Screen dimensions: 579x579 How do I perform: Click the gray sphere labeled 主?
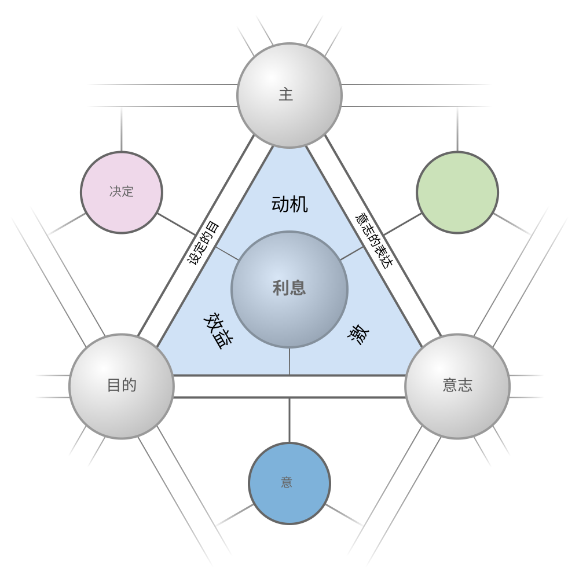click(289, 96)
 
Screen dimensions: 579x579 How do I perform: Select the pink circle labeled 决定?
click(122, 192)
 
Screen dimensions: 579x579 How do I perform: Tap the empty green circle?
click(457, 192)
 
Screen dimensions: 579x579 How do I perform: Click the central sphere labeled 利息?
click(289, 289)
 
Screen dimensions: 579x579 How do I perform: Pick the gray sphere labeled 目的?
click(122, 386)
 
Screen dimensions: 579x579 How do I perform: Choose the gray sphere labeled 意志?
click(457, 386)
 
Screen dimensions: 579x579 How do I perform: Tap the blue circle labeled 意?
click(289, 483)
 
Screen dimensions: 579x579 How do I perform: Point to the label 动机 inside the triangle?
click(289, 204)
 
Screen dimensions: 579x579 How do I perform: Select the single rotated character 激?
click(359, 335)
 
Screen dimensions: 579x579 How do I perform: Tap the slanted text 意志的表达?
click(374, 240)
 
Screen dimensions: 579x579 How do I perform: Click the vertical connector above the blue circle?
click(289, 420)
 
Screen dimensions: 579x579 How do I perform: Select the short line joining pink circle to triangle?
click(177, 224)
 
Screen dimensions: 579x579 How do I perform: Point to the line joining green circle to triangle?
click(402, 224)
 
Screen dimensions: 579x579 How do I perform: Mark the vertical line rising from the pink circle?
click(122, 129)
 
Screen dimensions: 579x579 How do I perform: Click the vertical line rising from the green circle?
click(457, 129)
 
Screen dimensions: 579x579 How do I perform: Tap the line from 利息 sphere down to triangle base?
click(289, 361)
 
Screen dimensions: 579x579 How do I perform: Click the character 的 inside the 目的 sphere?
click(129, 385)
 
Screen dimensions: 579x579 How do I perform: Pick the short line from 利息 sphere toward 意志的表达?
click(352, 254)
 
